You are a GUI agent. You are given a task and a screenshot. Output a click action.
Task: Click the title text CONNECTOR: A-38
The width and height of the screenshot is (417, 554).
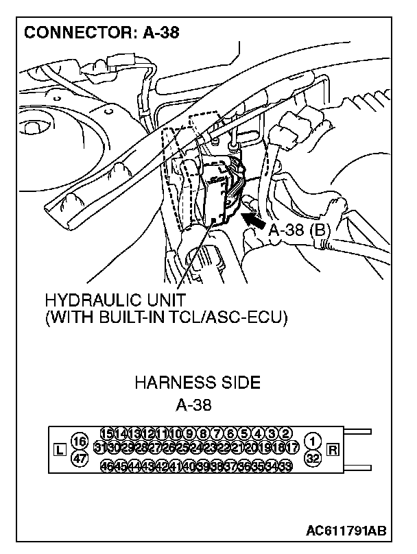(x=102, y=32)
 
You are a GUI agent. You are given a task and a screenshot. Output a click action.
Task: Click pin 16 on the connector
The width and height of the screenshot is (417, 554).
(x=80, y=441)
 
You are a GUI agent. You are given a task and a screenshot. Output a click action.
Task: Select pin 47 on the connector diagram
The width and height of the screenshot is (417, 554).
(x=80, y=459)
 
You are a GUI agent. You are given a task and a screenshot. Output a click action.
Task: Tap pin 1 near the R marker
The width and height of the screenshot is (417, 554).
(x=313, y=441)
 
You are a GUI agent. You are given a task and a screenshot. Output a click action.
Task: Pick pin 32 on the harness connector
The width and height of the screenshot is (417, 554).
(x=313, y=459)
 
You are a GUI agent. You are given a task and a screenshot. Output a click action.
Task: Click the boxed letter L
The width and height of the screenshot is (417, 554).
(x=58, y=450)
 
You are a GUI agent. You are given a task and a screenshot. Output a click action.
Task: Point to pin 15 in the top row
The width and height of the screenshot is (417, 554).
(x=107, y=433)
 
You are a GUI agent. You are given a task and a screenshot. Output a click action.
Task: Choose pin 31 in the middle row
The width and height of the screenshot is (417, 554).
(x=101, y=448)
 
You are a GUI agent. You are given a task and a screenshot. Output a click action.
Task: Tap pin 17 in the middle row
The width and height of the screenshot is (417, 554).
(x=292, y=448)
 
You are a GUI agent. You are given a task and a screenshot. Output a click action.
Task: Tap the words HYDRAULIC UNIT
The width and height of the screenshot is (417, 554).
(x=115, y=301)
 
